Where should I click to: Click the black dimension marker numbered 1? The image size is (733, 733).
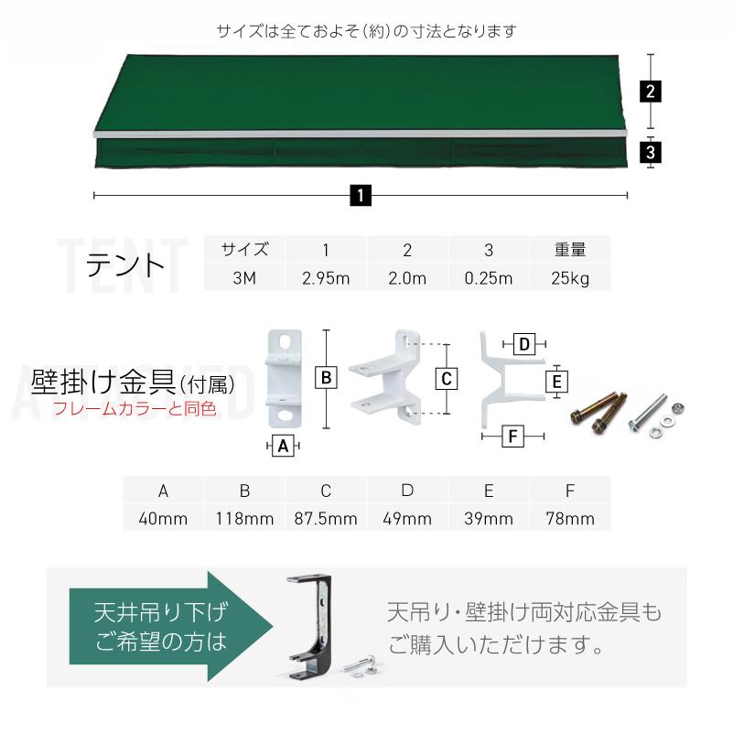[x=361, y=195]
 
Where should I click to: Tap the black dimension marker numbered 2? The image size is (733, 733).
[x=651, y=92]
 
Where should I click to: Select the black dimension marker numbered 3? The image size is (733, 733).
[x=651, y=151]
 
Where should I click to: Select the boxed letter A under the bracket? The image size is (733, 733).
[x=284, y=446]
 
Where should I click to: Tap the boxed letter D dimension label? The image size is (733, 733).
[x=523, y=344]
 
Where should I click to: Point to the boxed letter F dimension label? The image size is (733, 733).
[x=513, y=437]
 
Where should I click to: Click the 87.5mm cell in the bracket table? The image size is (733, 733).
[x=326, y=519]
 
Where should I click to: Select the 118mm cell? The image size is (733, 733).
[x=244, y=519]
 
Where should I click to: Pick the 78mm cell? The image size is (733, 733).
[x=570, y=519]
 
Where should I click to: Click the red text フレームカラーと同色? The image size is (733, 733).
[x=134, y=409]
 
